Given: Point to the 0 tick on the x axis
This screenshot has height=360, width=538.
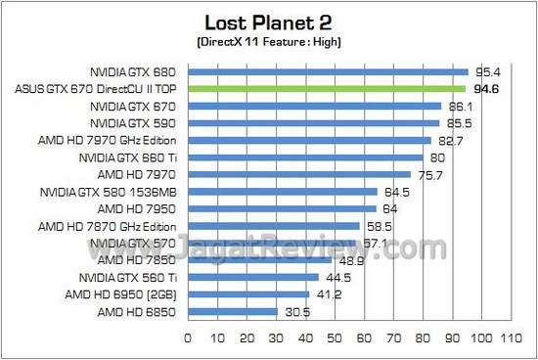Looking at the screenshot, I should (x=187, y=339).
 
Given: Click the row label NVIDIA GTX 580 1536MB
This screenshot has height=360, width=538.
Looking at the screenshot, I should (x=111, y=191).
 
